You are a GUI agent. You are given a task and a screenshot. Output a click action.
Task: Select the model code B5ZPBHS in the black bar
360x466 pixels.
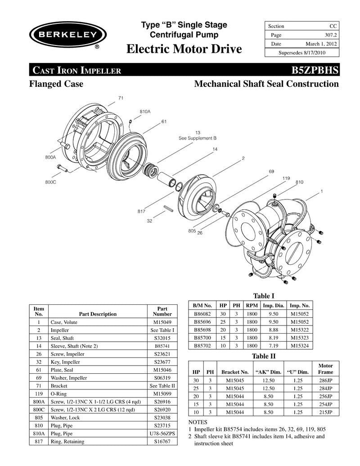tap(315, 70)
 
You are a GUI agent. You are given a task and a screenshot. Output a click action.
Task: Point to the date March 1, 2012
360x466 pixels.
tap(321, 44)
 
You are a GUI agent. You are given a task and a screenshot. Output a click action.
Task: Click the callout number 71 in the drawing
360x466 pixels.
tap(121, 98)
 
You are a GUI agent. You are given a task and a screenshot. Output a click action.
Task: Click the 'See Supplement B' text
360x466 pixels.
tap(198, 138)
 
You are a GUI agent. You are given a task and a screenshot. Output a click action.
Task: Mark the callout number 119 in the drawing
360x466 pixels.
tap(286, 178)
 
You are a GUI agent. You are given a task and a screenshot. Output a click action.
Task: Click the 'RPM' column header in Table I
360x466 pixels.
tap(252, 305)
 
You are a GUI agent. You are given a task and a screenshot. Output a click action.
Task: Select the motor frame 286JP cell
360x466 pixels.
tap(325, 380)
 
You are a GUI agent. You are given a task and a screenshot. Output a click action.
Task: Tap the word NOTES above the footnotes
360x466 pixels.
tap(198, 423)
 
